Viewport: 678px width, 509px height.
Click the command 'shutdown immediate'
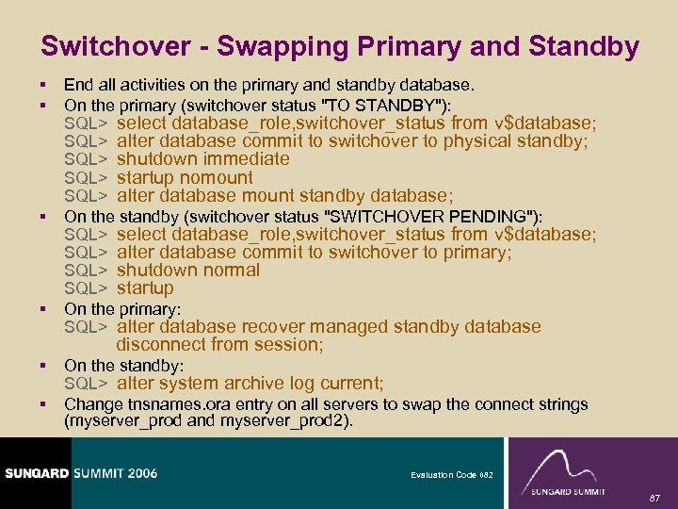(x=202, y=159)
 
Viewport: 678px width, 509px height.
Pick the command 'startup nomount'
(x=185, y=177)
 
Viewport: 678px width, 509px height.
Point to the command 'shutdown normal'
(x=187, y=271)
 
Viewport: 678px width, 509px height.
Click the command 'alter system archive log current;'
(x=250, y=384)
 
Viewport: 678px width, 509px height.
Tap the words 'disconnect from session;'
(x=219, y=345)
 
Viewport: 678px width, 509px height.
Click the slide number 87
(x=656, y=497)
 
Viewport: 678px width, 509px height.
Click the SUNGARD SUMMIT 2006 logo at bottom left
(x=79, y=472)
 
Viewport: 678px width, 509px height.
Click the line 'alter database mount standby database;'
(x=284, y=196)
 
